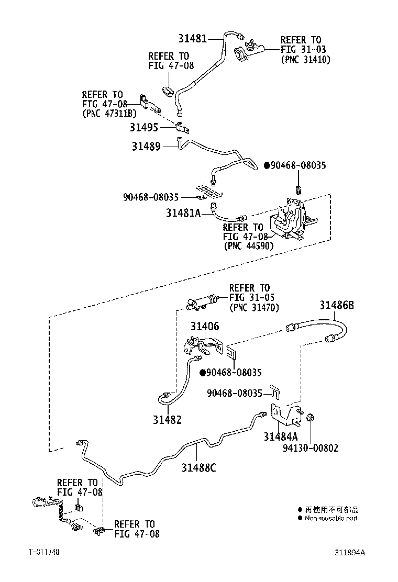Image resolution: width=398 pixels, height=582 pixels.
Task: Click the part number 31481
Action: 193,38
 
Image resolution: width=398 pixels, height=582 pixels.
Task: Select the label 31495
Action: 145,127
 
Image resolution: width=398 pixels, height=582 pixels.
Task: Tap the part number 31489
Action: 146,147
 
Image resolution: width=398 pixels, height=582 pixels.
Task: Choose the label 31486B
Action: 337,306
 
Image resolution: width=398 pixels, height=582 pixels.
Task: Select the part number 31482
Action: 167,419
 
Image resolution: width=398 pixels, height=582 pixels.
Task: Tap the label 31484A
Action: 281,436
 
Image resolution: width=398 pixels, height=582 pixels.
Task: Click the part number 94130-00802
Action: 311,448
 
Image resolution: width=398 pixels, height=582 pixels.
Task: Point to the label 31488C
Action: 198,467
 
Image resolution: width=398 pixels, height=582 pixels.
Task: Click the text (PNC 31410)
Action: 306,59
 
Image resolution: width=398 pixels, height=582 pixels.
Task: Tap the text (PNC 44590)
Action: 248,245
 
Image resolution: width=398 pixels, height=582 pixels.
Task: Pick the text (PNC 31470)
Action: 254,308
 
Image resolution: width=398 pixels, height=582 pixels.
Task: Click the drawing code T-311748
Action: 45,552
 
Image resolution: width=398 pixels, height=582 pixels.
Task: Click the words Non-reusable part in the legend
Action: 331,518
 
